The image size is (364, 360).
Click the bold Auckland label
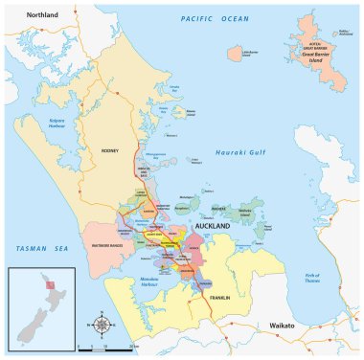(216, 226)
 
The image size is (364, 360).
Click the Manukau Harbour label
(144, 286)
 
